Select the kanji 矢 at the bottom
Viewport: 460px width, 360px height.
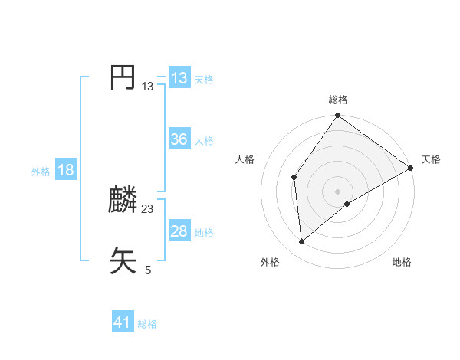(x=123, y=260)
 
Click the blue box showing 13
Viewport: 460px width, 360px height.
(x=179, y=78)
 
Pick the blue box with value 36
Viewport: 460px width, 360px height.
(x=179, y=139)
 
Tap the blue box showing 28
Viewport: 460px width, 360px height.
(x=179, y=231)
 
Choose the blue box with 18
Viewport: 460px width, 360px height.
(x=66, y=170)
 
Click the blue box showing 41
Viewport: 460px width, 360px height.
(x=123, y=322)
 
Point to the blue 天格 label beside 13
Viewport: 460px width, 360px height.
(x=204, y=79)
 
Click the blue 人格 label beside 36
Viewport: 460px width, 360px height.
(x=204, y=141)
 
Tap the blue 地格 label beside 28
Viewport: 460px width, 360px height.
(x=204, y=233)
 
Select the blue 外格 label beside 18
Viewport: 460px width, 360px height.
(x=41, y=172)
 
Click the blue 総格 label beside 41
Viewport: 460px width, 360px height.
(x=147, y=324)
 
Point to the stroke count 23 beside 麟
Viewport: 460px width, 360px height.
(x=148, y=209)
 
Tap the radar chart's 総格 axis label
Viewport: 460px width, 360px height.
(x=338, y=100)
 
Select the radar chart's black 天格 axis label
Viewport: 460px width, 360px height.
(x=431, y=159)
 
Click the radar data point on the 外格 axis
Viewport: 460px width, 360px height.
(x=302, y=241)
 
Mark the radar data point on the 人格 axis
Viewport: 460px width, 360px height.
(x=294, y=177)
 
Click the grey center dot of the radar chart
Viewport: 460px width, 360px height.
(x=338, y=191)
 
